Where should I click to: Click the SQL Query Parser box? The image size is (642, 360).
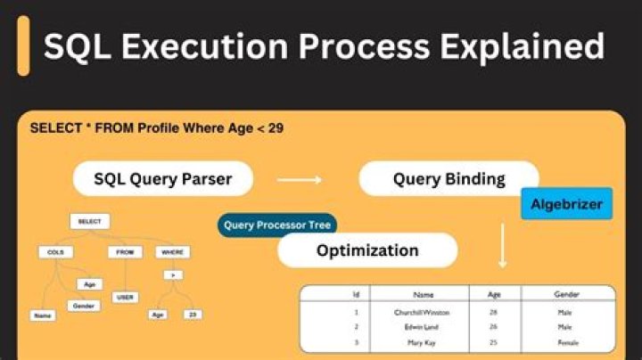[162, 179]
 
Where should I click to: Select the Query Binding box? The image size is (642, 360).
[449, 179]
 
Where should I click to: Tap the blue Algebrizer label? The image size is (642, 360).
[566, 204]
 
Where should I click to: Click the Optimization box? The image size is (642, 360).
[367, 250]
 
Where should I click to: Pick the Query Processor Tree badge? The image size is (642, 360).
[277, 225]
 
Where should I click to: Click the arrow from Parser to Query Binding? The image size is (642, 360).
[299, 180]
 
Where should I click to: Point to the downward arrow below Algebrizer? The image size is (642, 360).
[502, 246]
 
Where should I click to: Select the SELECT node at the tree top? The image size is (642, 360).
[89, 221]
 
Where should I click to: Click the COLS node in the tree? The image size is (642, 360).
[54, 252]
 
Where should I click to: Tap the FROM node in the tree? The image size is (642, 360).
[125, 252]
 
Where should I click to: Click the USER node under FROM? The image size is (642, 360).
[125, 297]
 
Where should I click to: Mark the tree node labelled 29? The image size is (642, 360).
[192, 315]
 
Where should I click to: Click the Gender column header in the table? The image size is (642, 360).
[567, 293]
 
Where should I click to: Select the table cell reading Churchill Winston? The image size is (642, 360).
[423, 313]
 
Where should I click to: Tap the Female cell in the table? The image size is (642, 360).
[567, 343]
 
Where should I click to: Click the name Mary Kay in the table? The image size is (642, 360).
[423, 343]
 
